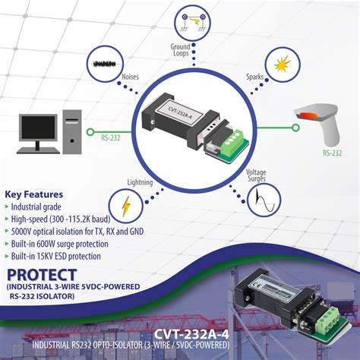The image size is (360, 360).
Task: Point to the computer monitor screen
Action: click(38, 124)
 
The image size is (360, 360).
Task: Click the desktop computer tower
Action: click(72, 129)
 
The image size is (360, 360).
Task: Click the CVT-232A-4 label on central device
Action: click(175, 112)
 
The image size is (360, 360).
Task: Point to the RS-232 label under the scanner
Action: click(331, 153)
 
